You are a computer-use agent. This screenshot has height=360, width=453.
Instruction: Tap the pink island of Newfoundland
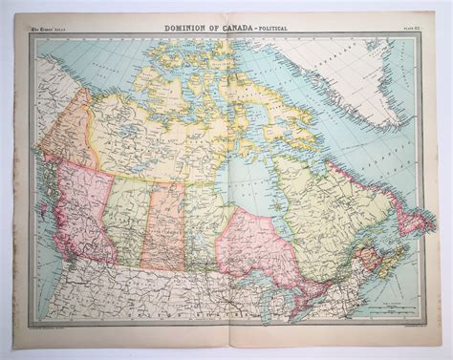[x=413, y=222]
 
